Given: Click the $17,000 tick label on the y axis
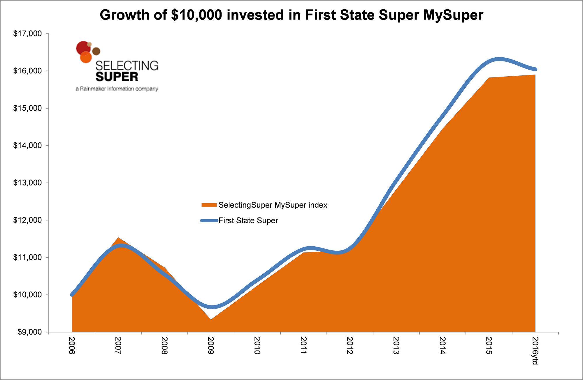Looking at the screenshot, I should pyautogui.click(x=27, y=34).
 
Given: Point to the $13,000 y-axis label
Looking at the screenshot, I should pyautogui.click(x=27, y=183).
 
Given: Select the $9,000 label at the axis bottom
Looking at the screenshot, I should pyautogui.click(x=29, y=332).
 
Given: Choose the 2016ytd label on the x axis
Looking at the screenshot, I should pyautogui.click(x=535, y=351).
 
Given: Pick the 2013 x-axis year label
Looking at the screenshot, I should pyautogui.click(x=396, y=345).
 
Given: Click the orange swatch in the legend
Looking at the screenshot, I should pyautogui.click(x=209, y=205).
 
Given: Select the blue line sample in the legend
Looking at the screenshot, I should pyautogui.click(x=209, y=221).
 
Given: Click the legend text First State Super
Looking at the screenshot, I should pyautogui.click(x=248, y=221).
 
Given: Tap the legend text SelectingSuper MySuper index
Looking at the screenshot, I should pyautogui.click(x=273, y=205).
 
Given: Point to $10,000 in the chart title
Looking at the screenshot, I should pyautogui.click(x=197, y=15).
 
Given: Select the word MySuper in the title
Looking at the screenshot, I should pyautogui.click(x=453, y=15).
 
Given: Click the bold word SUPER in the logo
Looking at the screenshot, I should pyautogui.click(x=117, y=77).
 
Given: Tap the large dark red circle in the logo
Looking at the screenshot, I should pyautogui.click(x=83, y=48).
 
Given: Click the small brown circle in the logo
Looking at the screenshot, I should pyautogui.click(x=96, y=51).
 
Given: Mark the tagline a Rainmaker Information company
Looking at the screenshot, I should pyautogui.click(x=117, y=89).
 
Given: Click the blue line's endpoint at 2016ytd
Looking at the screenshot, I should pyautogui.click(x=535, y=69).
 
